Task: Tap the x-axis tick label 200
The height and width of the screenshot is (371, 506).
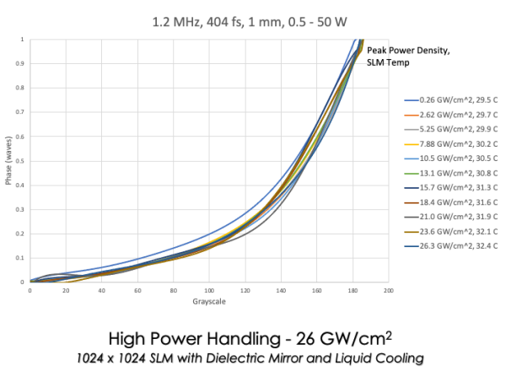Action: (x=387, y=291)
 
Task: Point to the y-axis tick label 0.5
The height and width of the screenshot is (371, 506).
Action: (x=20, y=160)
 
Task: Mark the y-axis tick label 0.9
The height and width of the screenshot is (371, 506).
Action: (x=20, y=63)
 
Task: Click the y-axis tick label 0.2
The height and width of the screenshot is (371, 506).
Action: (x=20, y=234)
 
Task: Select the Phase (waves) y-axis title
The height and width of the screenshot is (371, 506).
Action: (x=8, y=161)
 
